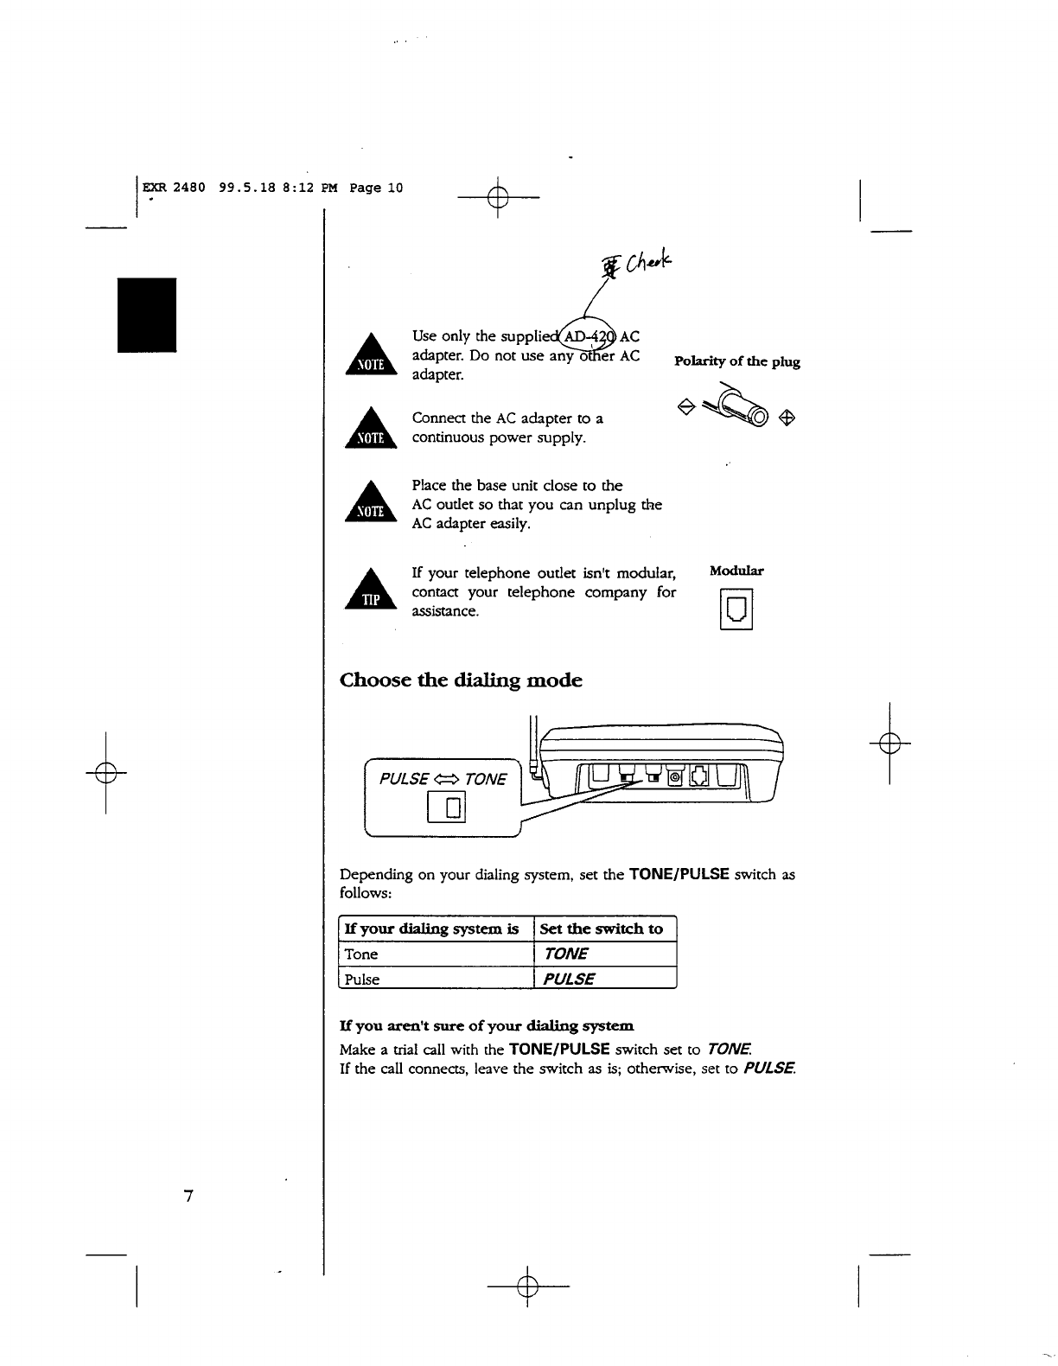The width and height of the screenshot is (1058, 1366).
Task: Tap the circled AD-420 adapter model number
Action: click(588, 335)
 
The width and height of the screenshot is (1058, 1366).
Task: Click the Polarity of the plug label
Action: click(736, 361)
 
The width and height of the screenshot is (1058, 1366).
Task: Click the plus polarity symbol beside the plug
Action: click(787, 418)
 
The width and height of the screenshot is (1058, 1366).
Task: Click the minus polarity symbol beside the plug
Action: click(685, 406)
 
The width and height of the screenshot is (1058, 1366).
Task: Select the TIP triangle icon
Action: click(370, 593)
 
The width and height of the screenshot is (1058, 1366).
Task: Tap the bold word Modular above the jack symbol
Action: click(736, 571)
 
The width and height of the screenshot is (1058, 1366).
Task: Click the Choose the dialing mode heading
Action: click(461, 680)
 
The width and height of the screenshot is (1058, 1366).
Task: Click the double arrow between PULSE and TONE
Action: click(446, 779)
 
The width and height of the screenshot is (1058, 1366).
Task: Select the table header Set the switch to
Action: click(602, 929)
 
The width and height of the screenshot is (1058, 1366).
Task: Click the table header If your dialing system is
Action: click(431, 929)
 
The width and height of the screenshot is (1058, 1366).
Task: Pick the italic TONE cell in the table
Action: click(566, 954)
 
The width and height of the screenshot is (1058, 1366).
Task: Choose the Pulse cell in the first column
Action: click(362, 980)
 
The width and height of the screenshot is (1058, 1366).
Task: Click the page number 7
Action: click(188, 1197)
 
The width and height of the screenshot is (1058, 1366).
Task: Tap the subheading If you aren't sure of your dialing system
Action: click(487, 1026)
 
